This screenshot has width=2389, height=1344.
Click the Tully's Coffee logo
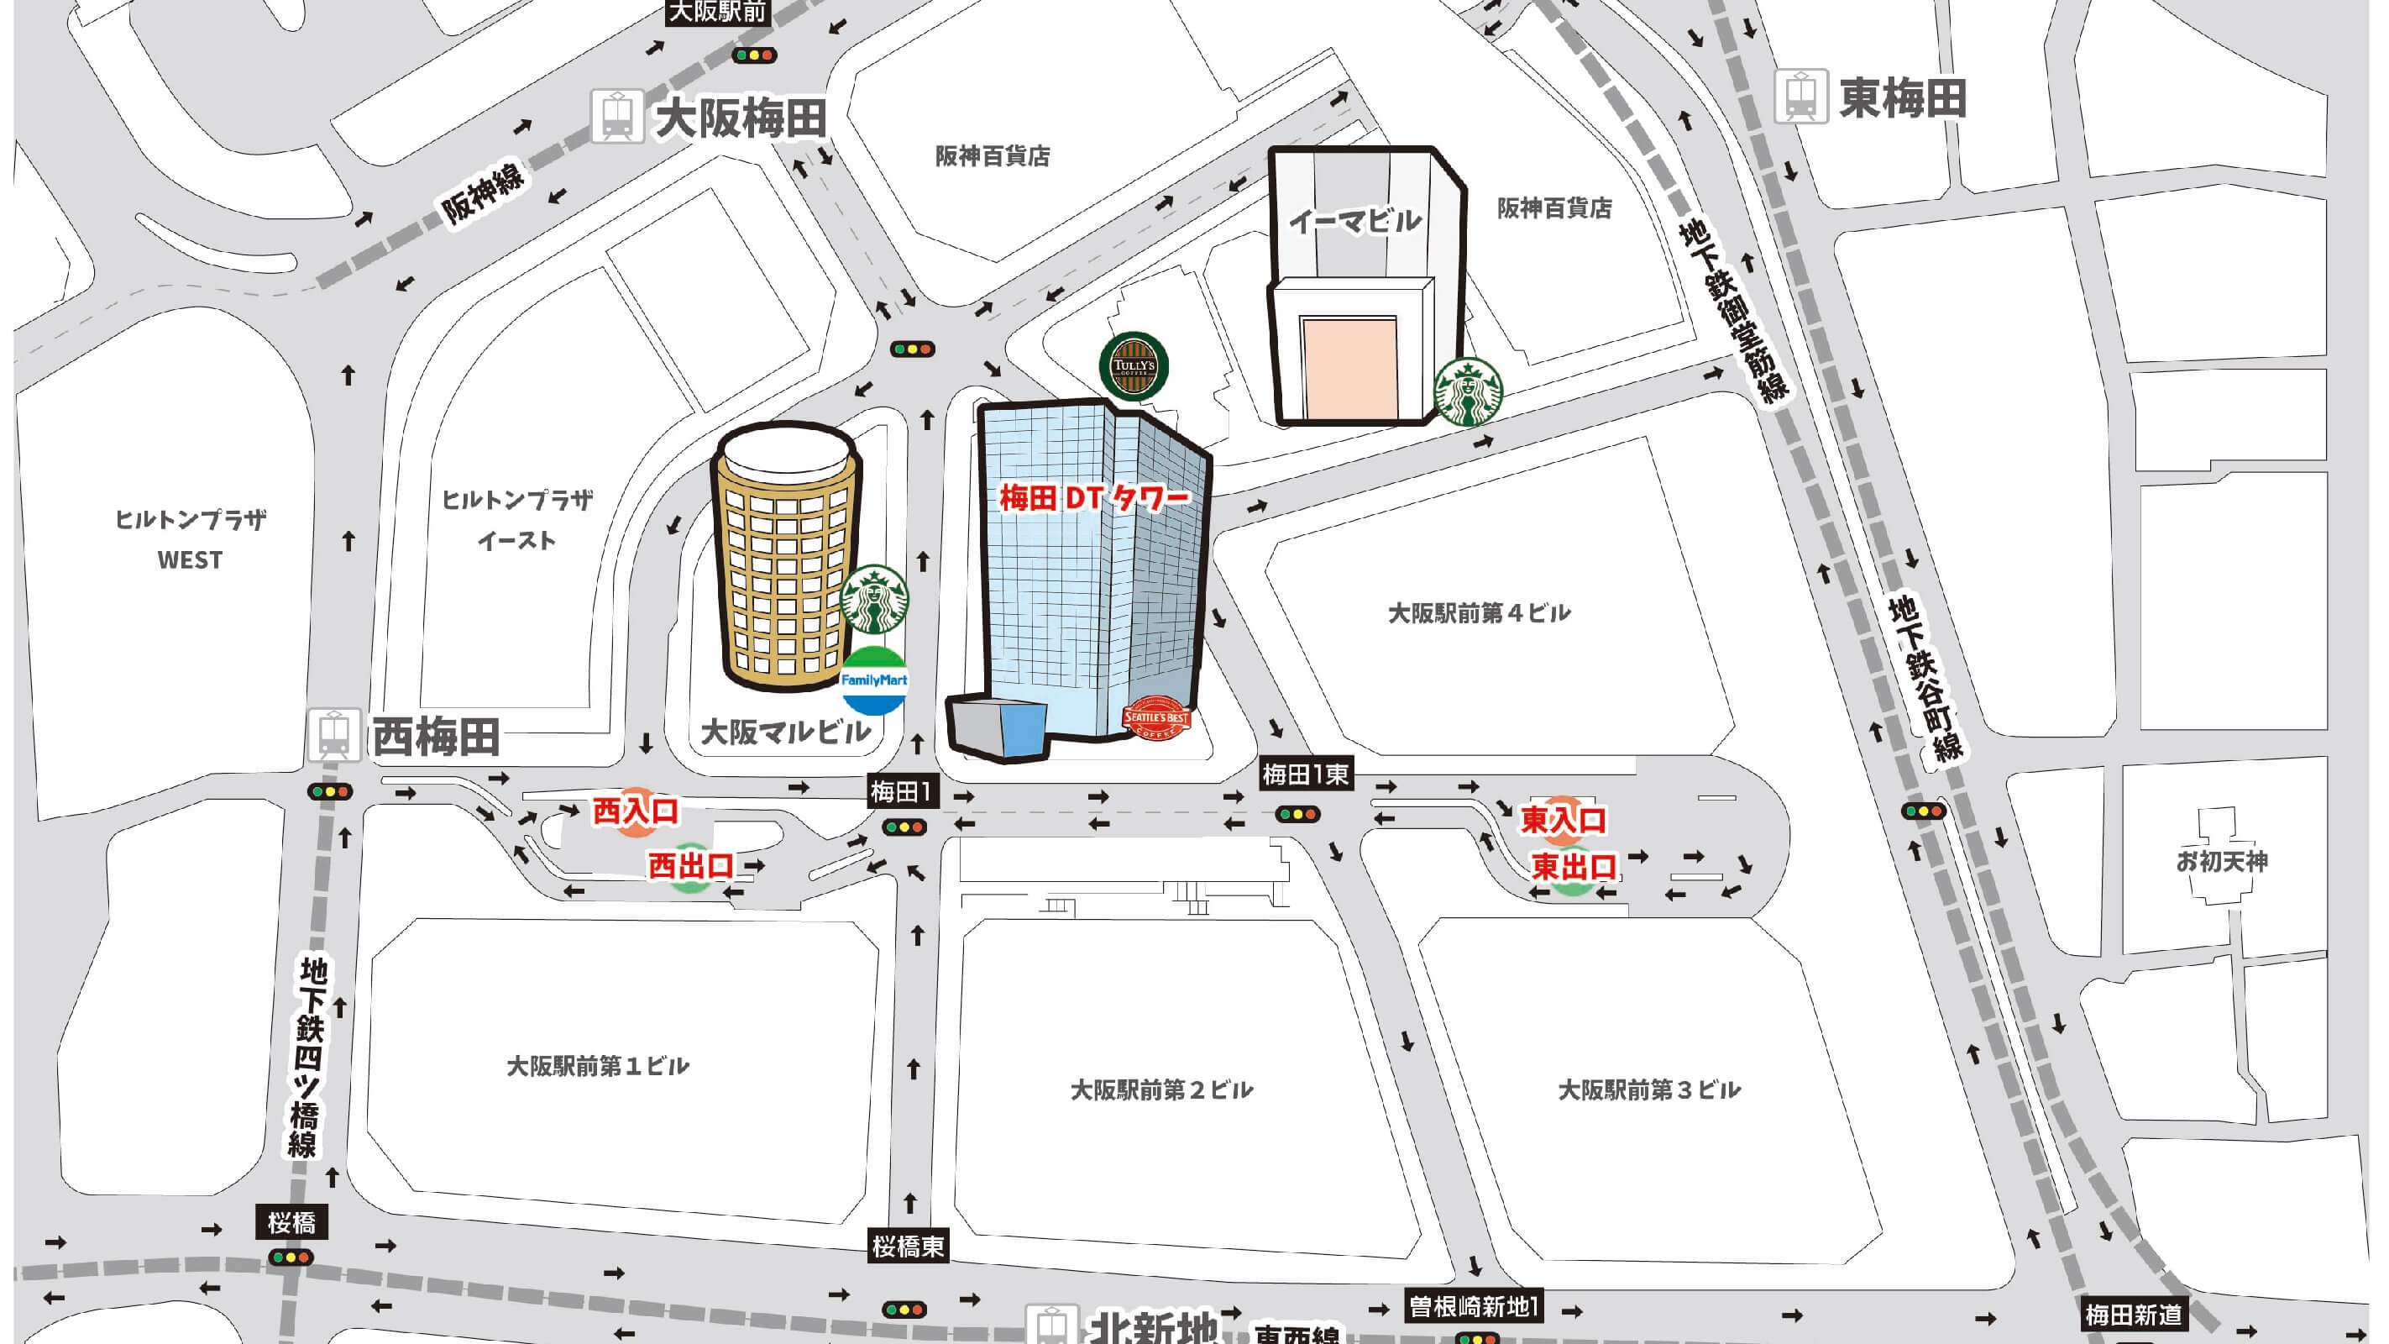[x=1134, y=365]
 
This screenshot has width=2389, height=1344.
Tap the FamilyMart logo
[x=873, y=680]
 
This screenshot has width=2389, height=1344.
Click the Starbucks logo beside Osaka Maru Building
[x=873, y=599]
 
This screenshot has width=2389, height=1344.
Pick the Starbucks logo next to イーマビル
[x=1468, y=391]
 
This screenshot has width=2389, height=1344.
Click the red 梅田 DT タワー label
[x=1093, y=499]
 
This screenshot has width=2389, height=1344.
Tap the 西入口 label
[x=636, y=811]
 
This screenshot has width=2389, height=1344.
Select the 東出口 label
[x=1574, y=867]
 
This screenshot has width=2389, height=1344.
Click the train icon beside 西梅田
[x=334, y=736]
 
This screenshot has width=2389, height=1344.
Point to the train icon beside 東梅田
[x=1801, y=96]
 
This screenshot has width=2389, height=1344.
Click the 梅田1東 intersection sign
[x=1306, y=774]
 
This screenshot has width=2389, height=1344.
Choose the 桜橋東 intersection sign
[x=908, y=1246]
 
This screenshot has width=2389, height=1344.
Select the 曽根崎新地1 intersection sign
[x=1474, y=1307]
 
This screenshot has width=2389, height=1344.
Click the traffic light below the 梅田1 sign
[x=904, y=827]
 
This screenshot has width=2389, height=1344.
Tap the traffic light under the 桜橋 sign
[x=291, y=1257]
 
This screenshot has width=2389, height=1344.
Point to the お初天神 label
[x=2222, y=862]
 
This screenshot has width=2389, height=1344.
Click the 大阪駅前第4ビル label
[x=1480, y=613]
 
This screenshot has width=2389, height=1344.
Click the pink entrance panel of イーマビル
[x=1350, y=367]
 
